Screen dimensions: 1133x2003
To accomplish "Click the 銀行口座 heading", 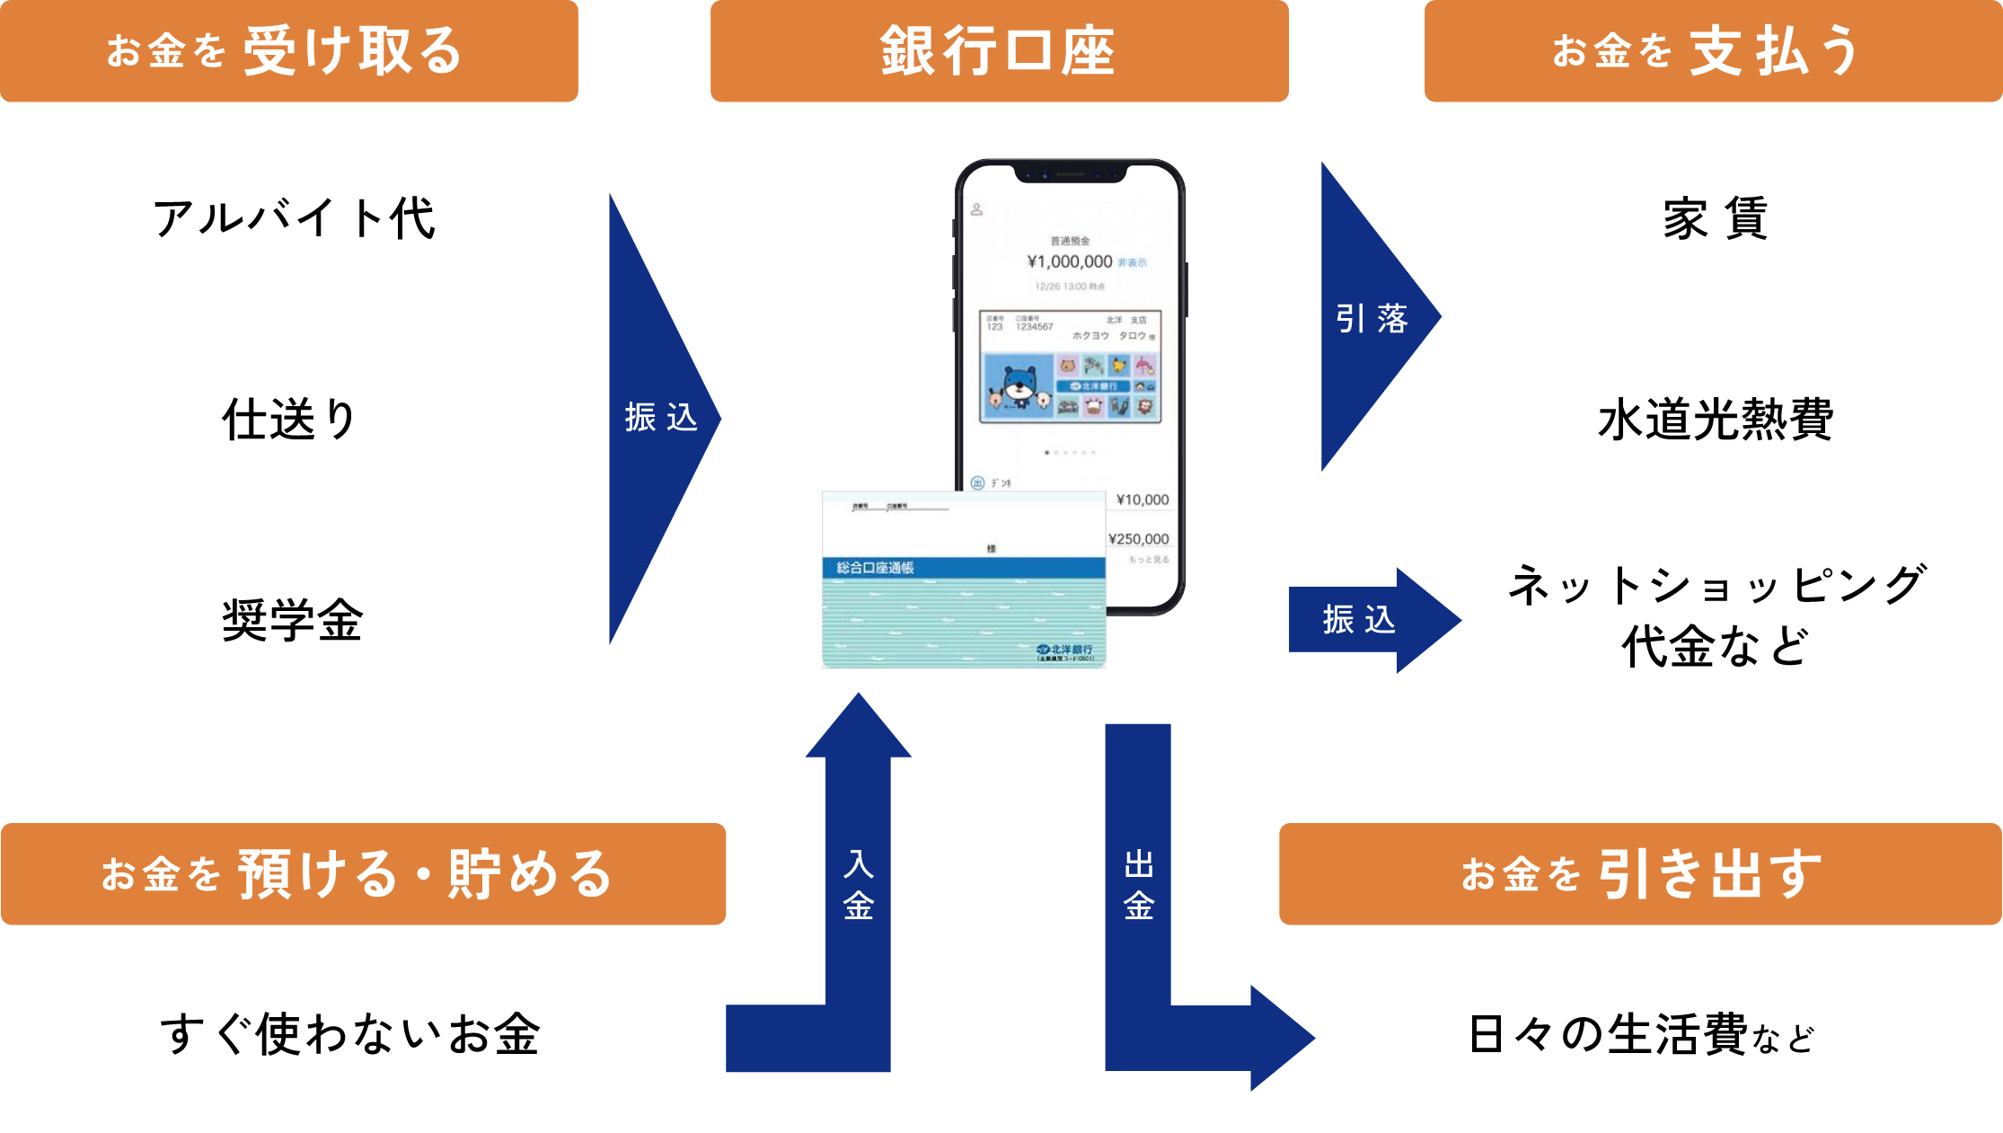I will click(999, 51).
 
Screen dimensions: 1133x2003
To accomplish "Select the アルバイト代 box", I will click(290, 216).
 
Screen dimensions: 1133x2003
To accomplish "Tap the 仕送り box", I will click(290, 417).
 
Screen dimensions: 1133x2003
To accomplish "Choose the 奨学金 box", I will click(290, 618).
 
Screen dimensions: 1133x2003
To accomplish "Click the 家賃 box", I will click(1713, 216).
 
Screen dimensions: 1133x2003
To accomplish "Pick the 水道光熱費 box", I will click(1713, 418).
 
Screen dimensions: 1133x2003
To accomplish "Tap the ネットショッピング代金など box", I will click(1713, 616).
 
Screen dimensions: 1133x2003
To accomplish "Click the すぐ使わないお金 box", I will click(363, 1034).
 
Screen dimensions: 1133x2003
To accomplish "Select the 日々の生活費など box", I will click(1640, 1035).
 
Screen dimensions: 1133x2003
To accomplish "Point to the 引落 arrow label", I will click(1371, 318).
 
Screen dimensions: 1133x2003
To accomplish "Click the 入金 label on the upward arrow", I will click(859, 885).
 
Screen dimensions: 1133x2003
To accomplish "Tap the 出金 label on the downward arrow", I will click(1138, 885).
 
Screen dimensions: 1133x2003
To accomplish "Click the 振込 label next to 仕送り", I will click(660, 418).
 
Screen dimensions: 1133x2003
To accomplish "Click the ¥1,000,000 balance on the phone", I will click(1070, 261).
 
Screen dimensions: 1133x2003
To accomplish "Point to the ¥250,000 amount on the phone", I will click(1139, 539).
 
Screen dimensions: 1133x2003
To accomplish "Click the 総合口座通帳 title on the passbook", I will click(875, 568).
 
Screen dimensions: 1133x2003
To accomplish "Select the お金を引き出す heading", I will click(1640, 873).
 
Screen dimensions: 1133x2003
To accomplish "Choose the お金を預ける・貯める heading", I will click(363, 873).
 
